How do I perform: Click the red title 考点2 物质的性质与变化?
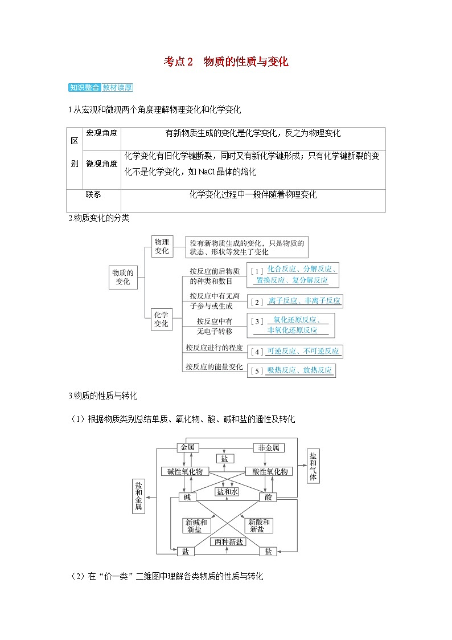click(226, 62)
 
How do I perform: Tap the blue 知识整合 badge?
click(84, 88)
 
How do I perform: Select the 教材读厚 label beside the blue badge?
click(117, 88)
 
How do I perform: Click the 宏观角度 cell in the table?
click(102, 133)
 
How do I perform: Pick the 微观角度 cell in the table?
click(102, 164)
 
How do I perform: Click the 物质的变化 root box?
click(123, 277)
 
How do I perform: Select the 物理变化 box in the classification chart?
click(162, 246)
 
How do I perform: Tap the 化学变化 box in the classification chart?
click(161, 319)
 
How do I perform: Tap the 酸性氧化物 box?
click(269, 471)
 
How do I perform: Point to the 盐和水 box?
click(227, 491)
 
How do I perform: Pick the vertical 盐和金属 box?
click(138, 496)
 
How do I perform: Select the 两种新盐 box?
click(227, 541)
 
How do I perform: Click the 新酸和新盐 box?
click(257, 525)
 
